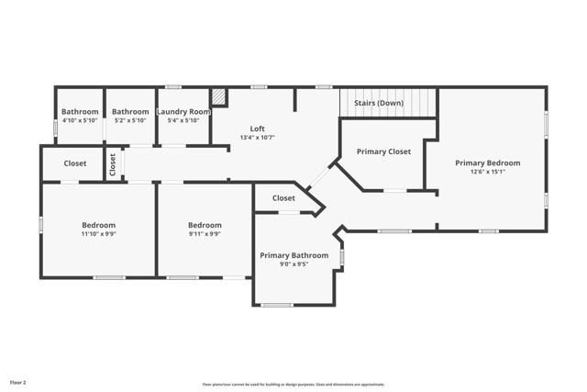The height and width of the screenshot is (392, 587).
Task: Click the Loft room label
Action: (x=257, y=129)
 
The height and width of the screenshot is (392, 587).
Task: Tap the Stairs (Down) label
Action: (x=378, y=103)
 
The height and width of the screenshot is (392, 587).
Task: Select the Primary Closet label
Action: (x=383, y=151)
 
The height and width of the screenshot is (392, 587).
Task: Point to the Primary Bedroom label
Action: (x=487, y=163)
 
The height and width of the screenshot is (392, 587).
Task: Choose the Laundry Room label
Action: (x=183, y=112)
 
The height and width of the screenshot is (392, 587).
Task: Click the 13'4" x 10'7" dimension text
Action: (x=257, y=138)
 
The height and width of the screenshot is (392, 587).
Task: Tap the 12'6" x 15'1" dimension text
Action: (x=487, y=173)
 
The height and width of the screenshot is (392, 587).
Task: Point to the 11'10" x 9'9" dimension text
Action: (x=98, y=234)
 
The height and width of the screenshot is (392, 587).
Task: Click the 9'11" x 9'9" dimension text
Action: (x=205, y=234)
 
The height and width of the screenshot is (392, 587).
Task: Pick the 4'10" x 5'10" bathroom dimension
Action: (x=80, y=120)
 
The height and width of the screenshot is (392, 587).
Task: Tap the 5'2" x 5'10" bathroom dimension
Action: (x=130, y=120)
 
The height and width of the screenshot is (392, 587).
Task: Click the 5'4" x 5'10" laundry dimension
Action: (x=183, y=120)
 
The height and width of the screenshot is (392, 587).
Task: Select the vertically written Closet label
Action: (x=113, y=164)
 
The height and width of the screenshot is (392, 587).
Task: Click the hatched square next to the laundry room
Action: (x=218, y=96)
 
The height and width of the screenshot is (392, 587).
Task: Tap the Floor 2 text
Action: (x=18, y=382)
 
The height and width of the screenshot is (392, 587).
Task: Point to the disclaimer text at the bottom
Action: (x=293, y=385)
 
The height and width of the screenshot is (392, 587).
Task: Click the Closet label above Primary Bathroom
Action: (x=283, y=198)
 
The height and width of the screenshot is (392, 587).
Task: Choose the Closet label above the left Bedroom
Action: (x=75, y=163)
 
